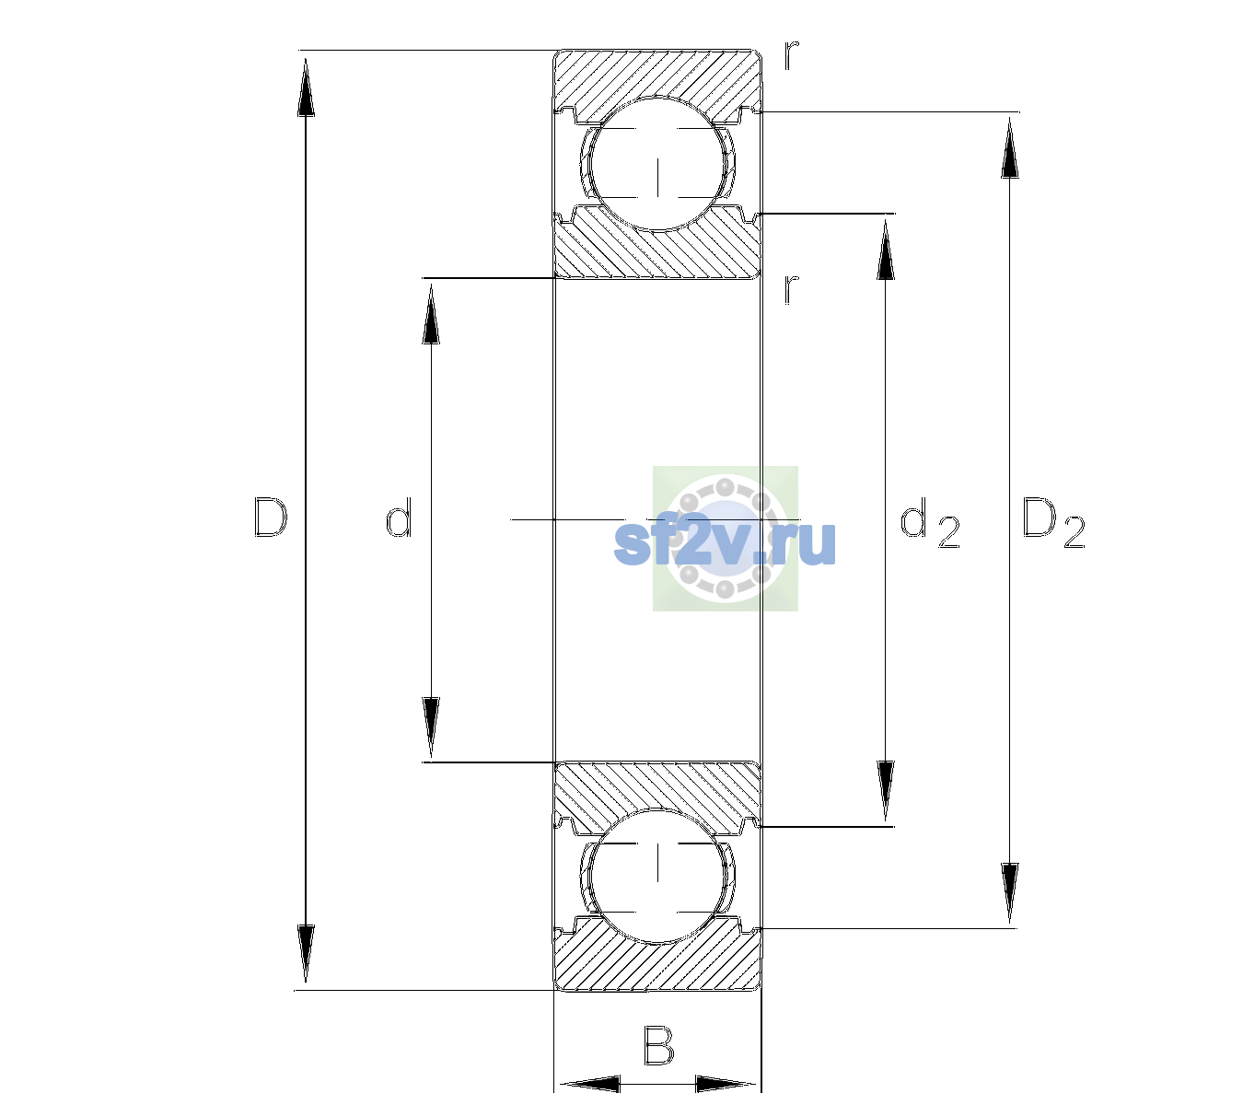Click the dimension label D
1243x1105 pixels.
[270, 518]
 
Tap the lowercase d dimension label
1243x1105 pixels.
[399, 518]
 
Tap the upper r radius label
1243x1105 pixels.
[792, 55]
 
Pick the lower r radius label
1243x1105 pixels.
[792, 289]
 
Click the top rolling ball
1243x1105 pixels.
[657, 165]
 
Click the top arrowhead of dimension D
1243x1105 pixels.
[307, 87]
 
